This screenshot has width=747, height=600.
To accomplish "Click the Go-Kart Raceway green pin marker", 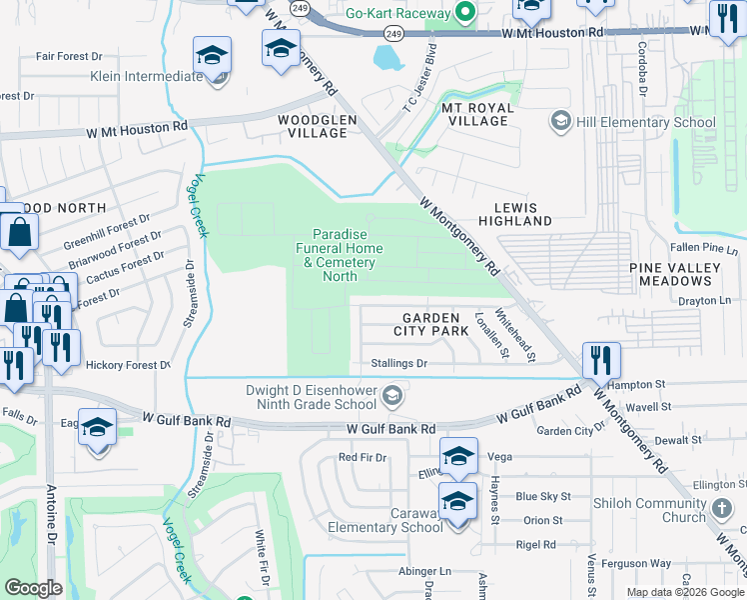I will click(x=462, y=13).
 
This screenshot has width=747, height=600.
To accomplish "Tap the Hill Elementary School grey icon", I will click(x=560, y=122).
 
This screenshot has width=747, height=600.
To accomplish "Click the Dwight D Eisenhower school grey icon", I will click(x=392, y=397).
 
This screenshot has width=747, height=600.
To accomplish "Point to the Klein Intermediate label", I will click(x=146, y=76).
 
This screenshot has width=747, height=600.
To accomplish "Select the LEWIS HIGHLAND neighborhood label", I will click(x=514, y=212).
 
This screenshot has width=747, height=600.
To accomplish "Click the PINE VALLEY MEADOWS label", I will click(x=675, y=275).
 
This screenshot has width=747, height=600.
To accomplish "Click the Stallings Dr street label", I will click(x=398, y=364).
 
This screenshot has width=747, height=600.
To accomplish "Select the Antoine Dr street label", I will click(x=51, y=517).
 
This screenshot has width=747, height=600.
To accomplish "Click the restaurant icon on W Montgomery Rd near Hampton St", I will click(x=601, y=360).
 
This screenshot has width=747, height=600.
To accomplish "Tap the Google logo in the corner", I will click(x=33, y=588).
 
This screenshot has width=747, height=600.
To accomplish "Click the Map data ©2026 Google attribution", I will click(x=684, y=592).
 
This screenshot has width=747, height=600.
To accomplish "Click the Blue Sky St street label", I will click(x=543, y=496).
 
